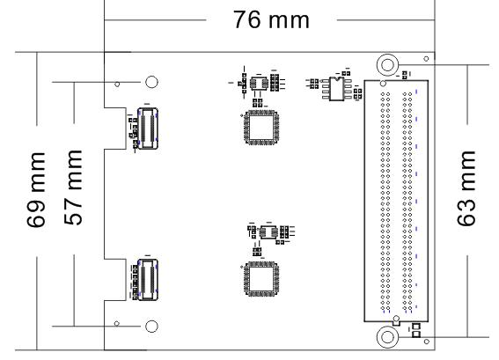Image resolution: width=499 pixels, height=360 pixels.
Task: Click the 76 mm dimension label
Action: [x=271, y=19]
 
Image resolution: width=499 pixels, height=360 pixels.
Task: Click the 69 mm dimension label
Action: [x=36, y=190]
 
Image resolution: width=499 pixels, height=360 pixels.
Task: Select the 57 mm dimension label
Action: [x=73, y=187]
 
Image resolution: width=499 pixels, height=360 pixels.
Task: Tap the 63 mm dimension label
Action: [x=466, y=188]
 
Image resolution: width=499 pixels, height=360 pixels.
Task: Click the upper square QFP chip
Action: [x=261, y=128]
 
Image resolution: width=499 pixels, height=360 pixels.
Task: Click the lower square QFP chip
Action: [x=261, y=279]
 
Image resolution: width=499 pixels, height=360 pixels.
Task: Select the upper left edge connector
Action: [x=148, y=129]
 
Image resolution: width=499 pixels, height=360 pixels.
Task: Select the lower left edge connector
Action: [x=148, y=280]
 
